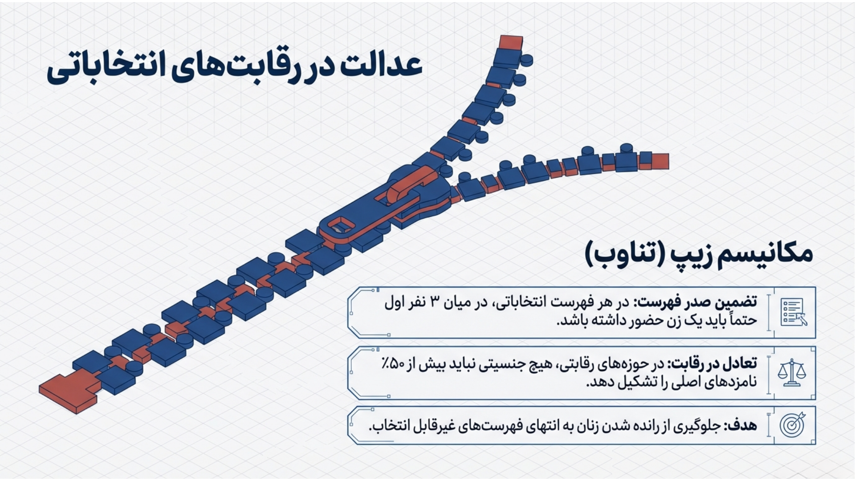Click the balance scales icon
tap(792, 373)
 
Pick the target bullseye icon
tap(792, 424)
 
